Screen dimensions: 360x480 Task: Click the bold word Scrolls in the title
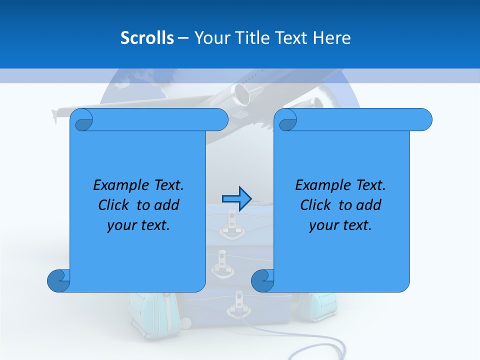147,37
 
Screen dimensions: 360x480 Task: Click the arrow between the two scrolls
236,199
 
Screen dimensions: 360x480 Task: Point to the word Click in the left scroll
115,205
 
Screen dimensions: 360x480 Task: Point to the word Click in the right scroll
317,205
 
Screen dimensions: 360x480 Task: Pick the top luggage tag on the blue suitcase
231,220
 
